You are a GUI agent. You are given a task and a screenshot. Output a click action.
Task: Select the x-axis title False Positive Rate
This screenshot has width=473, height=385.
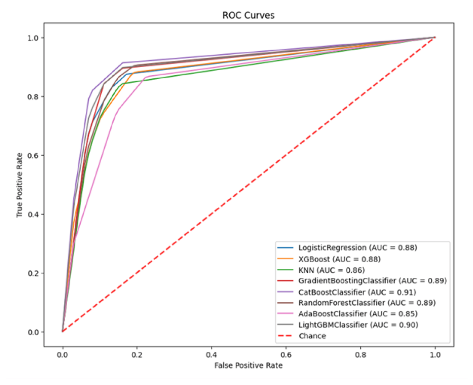pos(248,366)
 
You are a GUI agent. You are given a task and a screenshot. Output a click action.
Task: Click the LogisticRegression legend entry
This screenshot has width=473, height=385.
pos(357,248)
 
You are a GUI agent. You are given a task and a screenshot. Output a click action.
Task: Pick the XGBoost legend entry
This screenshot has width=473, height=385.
pos(336,259)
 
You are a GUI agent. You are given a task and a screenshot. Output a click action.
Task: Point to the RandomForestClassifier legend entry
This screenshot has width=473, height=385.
pos(367,303)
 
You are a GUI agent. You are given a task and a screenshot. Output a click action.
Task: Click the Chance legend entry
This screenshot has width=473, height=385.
pos(312,336)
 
